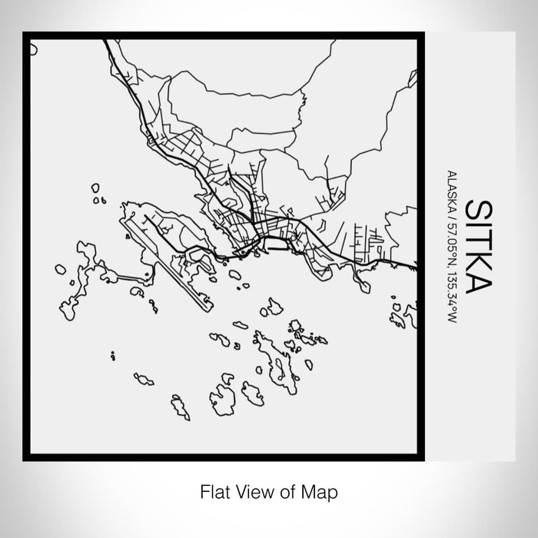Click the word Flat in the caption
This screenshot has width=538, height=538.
(214, 490)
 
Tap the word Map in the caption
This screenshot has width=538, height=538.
(322, 490)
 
